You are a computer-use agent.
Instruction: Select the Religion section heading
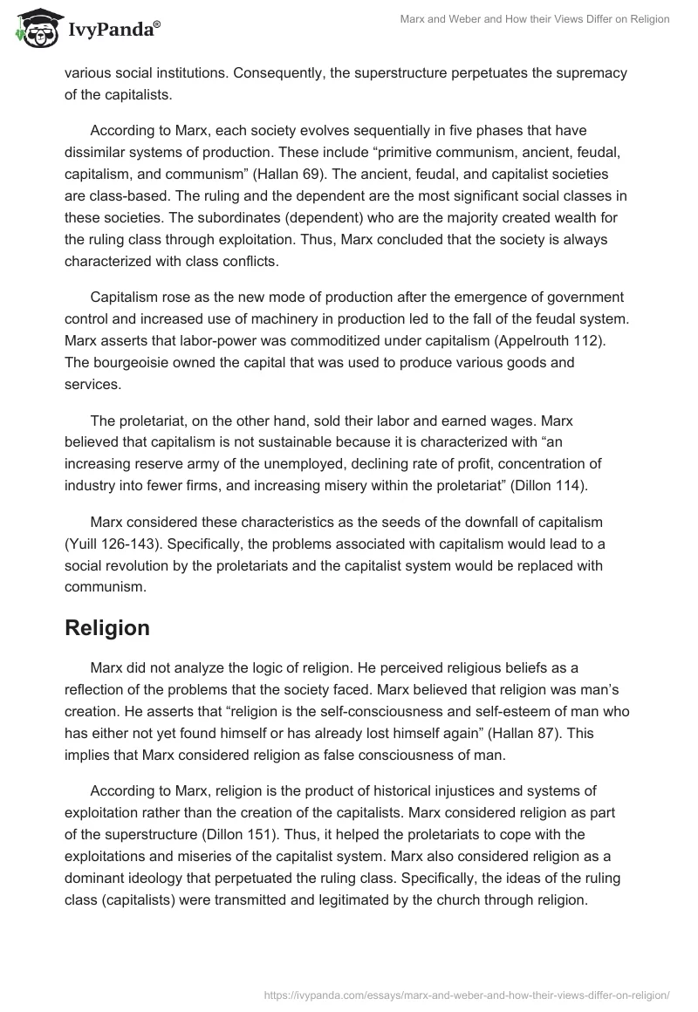coord(107,627)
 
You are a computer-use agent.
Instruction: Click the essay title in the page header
coord(534,19)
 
